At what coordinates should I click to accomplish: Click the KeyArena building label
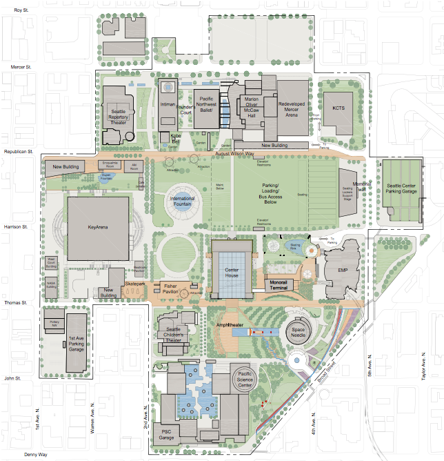pyautogui.click(x=98, y=226)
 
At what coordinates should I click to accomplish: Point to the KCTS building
pyautogui.click(x=339, y=110)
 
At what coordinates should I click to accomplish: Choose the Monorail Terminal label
pyautogui.click(x=283, y=283)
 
